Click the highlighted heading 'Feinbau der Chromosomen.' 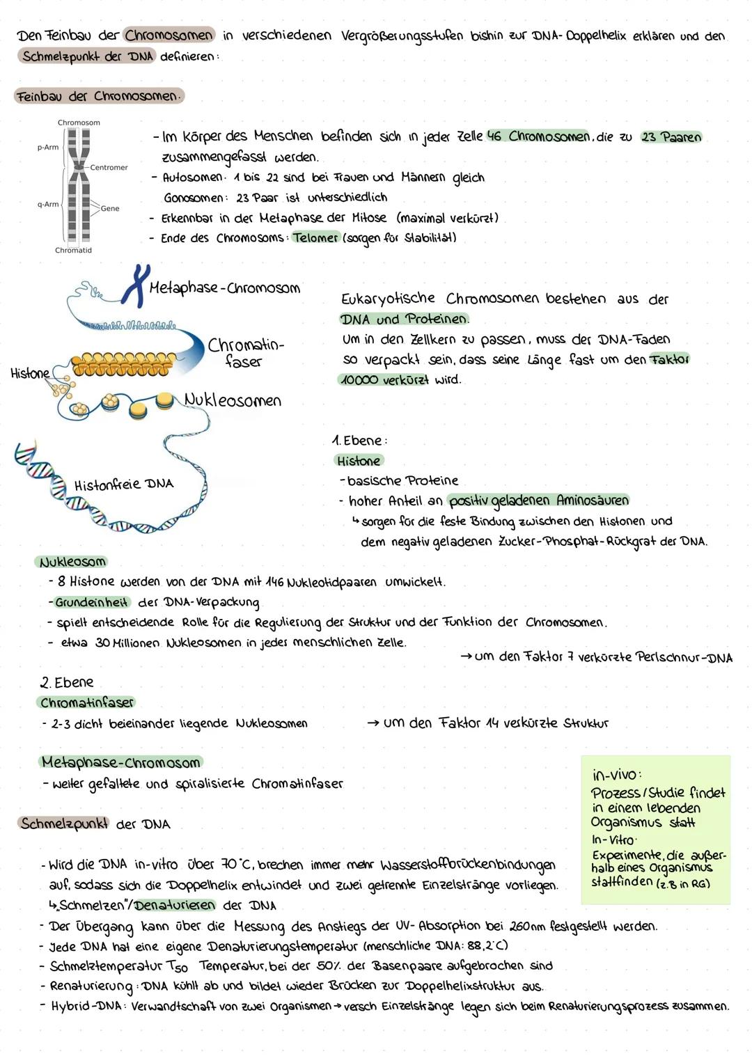[x=98, y=96]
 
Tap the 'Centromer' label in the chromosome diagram [x=109, y=168]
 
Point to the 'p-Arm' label [x=48, y=148]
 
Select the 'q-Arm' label [x=48, y=205]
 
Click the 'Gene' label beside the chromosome [x=110, y=208]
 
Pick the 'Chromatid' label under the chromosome [x=73, y=251]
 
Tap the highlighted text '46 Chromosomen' [x=538, y=136]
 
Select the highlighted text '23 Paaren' [x=671, y=137]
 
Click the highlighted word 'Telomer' [x=315, y=238]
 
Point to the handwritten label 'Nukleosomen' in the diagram [x=233, y=400]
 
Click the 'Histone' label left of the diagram [x=30, y=374]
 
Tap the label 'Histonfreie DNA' [x=123, y=484]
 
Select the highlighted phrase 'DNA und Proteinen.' [x=404, y=320]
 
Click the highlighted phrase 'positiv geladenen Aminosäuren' [x=538, y=501]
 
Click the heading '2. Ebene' [x=67, y=682]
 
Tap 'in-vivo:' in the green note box [x=616, y=775]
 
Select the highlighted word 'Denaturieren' [x=175, y=906]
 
